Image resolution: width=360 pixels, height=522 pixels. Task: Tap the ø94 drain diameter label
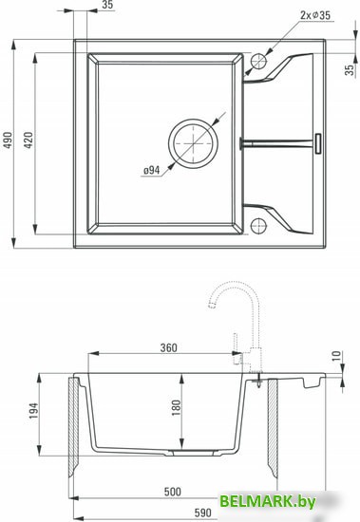pyautogui.click(x=151, y=171)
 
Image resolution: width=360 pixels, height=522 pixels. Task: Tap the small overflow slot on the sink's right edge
pyautogui.click(x=319, y=142)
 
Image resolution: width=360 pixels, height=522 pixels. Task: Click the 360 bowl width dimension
pyautogui.click(x=169, y=346)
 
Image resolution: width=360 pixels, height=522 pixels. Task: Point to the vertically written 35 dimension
pyautogui.click(x=350, y=68)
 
